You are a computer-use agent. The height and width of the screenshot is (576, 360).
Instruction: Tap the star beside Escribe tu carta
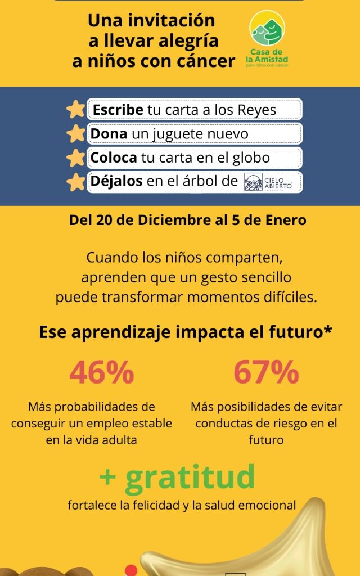tap(75, 109)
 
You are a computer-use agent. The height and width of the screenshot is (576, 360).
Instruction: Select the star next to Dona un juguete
tap(75, 134)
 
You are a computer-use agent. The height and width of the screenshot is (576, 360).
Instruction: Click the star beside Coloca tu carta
tap(75, 158)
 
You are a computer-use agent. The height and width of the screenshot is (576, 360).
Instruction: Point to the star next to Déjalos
tap(75, 182)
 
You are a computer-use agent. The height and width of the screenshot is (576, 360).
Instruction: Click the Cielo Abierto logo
tap(268, 182)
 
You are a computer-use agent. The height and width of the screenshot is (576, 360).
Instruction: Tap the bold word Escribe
tap(118, 109)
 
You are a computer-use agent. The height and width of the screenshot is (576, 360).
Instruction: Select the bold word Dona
tap(109, 134)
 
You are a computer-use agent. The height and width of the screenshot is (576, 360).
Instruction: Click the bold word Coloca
tap(115, 158)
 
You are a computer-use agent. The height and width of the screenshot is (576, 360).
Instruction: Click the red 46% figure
tap(102, 372)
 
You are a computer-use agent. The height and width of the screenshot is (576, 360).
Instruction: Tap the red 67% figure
tap(266, 372)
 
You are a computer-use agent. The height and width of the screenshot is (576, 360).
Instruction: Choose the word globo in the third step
tap(251, 158)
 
